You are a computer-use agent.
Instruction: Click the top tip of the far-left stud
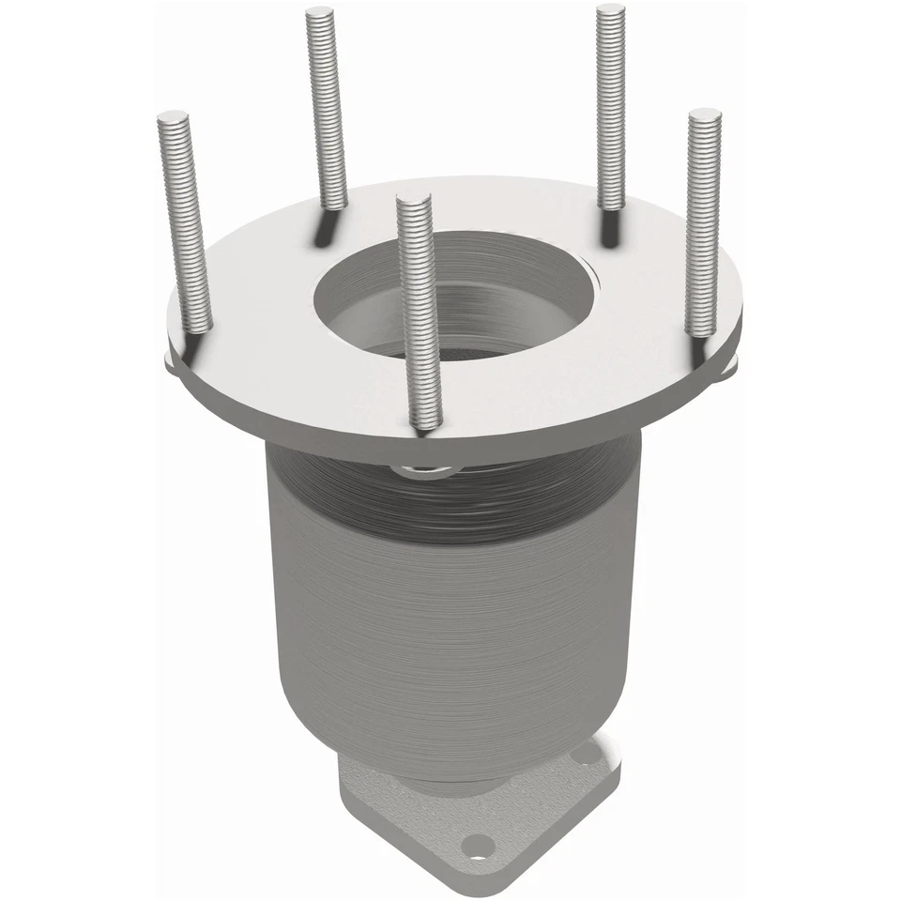[173, 117]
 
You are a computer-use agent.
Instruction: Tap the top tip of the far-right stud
[704, 115]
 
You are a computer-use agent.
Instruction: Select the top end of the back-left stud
[320, 13]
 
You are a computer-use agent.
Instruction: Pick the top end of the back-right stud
[610, 10]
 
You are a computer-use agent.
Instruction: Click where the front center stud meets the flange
[425, 424]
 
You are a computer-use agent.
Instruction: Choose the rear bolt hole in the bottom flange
[587, 752]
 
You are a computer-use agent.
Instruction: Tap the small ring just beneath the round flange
[427, 468]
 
